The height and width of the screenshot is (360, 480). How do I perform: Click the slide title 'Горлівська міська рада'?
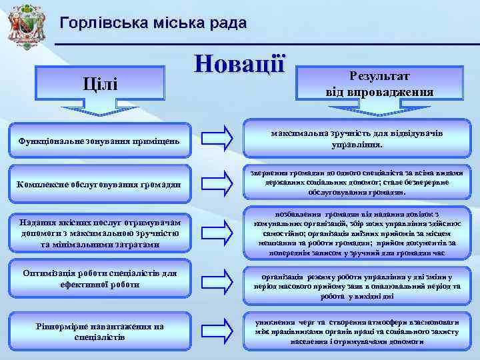coord(153,23)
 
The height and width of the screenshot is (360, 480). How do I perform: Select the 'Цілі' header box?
coord(99,85)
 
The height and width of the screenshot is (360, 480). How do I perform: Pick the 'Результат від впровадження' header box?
coord(379,83)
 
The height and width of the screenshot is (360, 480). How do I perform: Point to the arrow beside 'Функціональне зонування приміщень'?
coord(217,139)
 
